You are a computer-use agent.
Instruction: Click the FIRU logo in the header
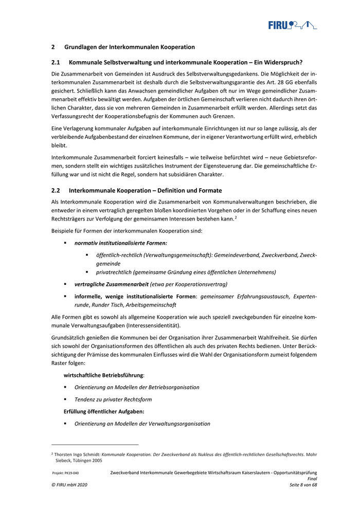pos(292,25)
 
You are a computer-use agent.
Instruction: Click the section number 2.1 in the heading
pos(56,62)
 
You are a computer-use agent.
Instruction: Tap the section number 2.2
pos(56,190)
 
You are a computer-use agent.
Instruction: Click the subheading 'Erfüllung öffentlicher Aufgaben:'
pos(103,411)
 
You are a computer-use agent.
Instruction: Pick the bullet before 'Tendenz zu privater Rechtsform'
pos(65,399)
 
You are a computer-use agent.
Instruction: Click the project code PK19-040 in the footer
pos(65,472)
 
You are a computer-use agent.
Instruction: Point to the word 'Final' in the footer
pos(312,478)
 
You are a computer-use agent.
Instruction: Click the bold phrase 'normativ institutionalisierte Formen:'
pos(120,242)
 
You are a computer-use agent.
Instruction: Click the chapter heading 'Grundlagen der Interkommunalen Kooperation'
pos(129,47)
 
